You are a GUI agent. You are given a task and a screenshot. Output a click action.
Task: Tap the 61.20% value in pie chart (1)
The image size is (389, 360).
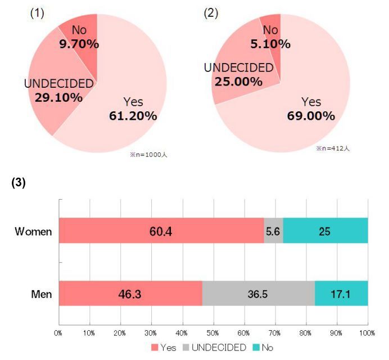133,116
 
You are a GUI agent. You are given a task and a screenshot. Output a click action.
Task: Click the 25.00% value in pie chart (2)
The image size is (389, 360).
238,81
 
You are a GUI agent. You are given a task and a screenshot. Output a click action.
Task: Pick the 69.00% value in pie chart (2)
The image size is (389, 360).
311,116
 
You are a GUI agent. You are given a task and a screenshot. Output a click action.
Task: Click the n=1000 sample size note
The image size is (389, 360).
148,155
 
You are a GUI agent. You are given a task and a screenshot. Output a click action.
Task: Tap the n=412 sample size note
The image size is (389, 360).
333,148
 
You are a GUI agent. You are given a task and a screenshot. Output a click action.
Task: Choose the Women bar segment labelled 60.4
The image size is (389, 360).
161,231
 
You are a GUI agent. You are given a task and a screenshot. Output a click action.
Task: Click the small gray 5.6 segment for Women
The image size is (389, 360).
273,231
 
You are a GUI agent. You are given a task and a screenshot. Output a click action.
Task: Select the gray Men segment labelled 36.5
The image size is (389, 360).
258,293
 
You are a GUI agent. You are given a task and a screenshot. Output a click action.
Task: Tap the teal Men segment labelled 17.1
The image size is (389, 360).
341,293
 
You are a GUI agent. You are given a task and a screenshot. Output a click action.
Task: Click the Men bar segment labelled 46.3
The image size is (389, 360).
130,293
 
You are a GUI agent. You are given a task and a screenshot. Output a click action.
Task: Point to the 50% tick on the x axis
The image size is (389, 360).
213,332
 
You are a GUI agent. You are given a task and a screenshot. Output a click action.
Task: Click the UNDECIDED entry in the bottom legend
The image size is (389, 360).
219,348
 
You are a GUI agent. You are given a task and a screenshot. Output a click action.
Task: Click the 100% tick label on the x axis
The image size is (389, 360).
367,332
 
